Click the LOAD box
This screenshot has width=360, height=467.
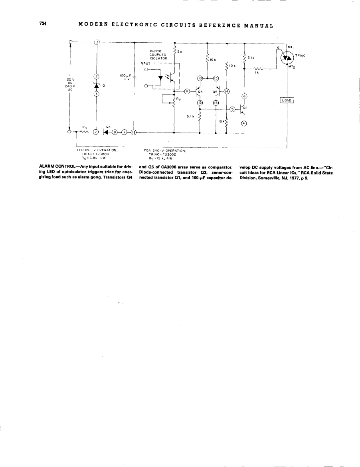point(287,101)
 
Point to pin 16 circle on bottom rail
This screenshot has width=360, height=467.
point(134,132)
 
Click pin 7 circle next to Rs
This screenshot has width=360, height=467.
point(96,132)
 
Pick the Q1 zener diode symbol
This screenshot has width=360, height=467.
point(96,85)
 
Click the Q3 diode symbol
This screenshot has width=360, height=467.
point(106,132)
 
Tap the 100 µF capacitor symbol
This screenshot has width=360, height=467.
point(134,78)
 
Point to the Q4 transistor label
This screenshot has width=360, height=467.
point(200,91)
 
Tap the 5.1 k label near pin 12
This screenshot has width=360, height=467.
point(190,116)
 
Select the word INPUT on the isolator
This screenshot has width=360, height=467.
point(145,63)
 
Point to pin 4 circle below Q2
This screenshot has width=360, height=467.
point(244,123)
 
